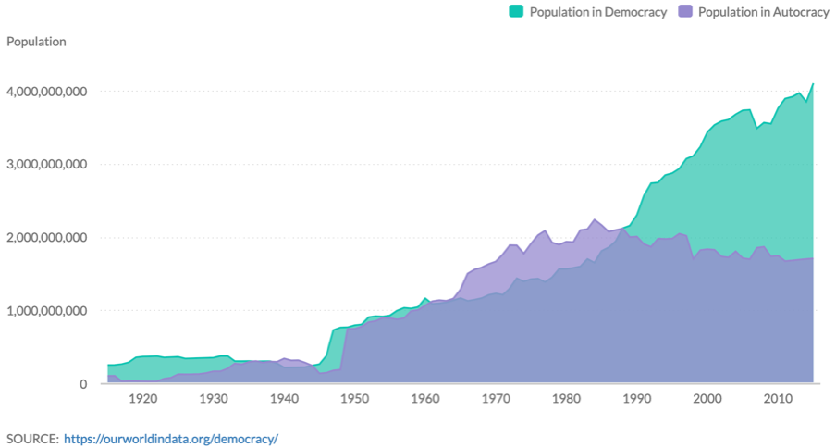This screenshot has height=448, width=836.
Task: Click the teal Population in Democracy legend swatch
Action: (x=516, y=12)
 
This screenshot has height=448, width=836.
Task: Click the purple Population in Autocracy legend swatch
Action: (x=685, y=12)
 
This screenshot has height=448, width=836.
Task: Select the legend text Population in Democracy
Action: (x=597, y=12)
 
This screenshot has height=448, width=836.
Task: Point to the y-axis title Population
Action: (x=36, y=42)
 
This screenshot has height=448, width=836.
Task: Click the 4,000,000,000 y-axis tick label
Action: (x=46, y=92)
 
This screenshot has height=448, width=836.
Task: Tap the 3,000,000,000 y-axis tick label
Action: (x=46, y=165)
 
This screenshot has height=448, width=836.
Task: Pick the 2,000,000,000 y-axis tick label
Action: (x=46, y=238)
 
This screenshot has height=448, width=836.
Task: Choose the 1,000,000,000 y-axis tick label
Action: (x=46, y=311)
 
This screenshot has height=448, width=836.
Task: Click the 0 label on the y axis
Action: (x=82, y=384)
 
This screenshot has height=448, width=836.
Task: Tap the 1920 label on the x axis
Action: (x=142, y=399)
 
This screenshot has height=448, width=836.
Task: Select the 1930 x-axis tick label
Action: (x=214, y=399)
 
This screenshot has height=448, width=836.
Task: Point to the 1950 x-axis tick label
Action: (x=354, y=399)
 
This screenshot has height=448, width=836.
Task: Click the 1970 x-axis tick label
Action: (x=496, y=399)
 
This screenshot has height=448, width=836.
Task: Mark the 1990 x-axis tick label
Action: (x=637, y=399)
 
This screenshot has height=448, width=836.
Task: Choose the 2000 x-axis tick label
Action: (x=707, y=399)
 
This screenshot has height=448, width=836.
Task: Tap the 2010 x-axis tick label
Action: (x=778, y=399)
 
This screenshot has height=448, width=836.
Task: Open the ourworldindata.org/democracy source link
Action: (x=171, y=438)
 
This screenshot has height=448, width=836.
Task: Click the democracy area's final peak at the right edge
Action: (x=813, y=84)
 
